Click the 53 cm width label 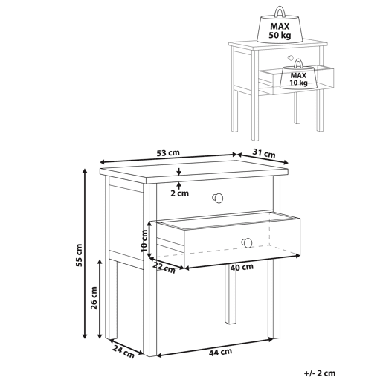tap(168, 152)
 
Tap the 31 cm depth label tap(264, 153)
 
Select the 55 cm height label tap(79, 255)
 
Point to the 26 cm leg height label tap(94, 297)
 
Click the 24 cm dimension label tap(123, 352)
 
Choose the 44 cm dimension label tap(220, 352)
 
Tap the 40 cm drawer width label tap(242, 267)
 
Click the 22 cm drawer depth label tap(164, 268)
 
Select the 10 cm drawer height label tap(144, 240)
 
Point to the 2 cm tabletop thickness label tap(179, 193)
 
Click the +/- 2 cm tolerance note tap(320, 373)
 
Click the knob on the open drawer tap(247, 242)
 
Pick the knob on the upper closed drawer tap(218, 198)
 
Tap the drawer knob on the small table tap(290, 58)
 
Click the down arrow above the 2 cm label tap(179, 171)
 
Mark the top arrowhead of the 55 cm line tap(85, 171)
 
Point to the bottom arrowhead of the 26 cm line tap(100, 335)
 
